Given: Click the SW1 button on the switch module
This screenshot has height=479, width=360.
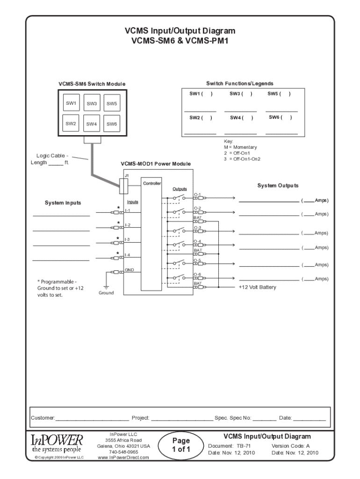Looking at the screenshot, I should coord(71,103).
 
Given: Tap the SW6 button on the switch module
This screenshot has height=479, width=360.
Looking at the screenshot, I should coord(111,124).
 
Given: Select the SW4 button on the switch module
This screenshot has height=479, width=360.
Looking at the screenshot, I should coord(91,124).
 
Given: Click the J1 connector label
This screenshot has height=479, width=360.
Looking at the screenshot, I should coord(126,175).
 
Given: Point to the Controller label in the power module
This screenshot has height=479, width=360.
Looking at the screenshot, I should coord(152,183).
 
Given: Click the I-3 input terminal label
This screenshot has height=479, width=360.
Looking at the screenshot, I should coord(127,239).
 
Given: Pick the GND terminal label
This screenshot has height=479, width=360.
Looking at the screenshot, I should coord(129,270).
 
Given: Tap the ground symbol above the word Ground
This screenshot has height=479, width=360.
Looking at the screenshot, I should coord(106,286).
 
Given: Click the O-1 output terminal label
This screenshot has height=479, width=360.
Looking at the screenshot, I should coord(197,194).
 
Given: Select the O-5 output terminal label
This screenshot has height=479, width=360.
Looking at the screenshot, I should coord(197,260).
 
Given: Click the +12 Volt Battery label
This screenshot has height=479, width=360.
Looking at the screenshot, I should coord(257,287).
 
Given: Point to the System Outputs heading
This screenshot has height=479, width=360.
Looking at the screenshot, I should coord(278,186).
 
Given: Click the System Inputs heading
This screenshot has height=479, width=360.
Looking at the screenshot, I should coord(63,203).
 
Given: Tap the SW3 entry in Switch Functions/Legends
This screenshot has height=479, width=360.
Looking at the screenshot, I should coord(241,94).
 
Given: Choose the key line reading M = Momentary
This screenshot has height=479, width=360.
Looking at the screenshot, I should coord(240,147).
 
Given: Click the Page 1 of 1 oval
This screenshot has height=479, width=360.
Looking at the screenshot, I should coord(181,445).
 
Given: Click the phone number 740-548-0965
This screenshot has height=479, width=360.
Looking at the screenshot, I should coord(123,452).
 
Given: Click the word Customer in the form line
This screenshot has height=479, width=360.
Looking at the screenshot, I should coord(43,417).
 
